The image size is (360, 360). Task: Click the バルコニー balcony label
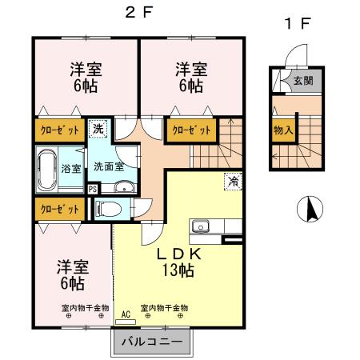point(151,342)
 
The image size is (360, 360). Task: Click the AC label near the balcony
point(125,314)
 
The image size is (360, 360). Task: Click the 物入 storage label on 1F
point(282,130)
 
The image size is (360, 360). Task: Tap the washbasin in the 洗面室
point(122,188)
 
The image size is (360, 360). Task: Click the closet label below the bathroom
point(58,210)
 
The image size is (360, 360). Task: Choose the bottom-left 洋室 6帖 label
point(70,274)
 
